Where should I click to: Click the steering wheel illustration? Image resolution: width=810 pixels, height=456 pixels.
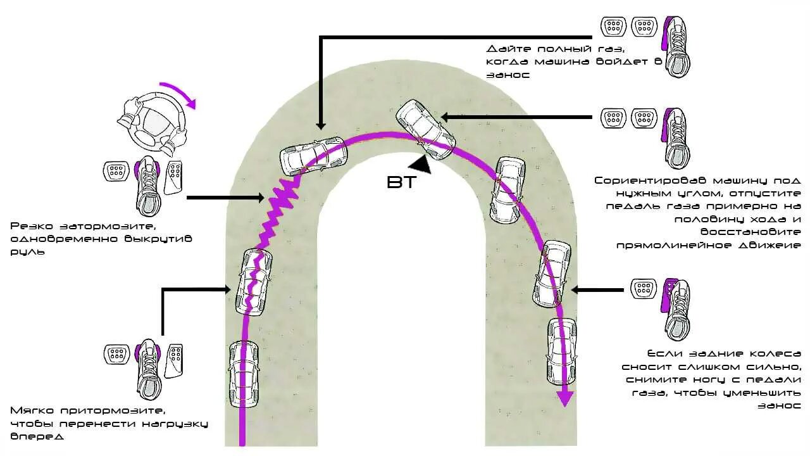point(152,123)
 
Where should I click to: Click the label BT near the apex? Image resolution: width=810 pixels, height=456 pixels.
point(401,182)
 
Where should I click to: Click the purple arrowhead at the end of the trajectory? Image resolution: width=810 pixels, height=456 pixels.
point(564,398)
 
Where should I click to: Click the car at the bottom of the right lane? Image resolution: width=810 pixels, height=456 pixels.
point(561,351)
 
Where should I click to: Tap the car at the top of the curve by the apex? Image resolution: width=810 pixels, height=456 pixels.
point(425,129)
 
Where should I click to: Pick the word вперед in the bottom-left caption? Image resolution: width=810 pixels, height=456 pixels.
point(37,436)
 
